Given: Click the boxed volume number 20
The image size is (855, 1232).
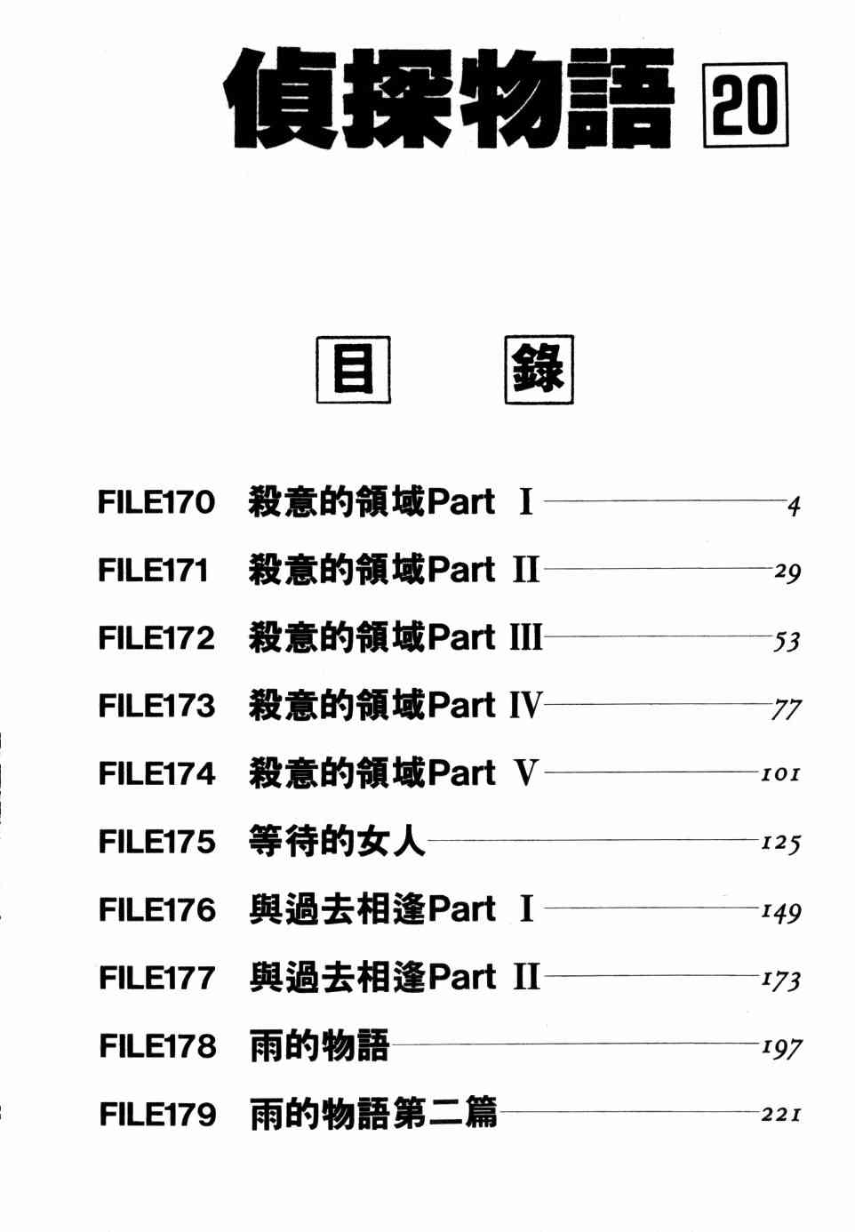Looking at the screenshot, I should [745, 104].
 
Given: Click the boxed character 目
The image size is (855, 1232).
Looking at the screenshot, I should [354, 369].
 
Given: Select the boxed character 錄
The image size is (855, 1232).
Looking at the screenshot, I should [539, 369].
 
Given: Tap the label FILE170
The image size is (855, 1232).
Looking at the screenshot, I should [156, 502].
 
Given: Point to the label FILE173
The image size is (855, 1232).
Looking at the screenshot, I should [156, 706].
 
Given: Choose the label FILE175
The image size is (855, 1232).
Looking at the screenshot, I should [156, 842].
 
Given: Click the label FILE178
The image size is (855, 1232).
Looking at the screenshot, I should [157, 1046].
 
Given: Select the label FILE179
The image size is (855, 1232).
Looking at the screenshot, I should [157, 1114].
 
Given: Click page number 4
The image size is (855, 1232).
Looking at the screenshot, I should [794, 506].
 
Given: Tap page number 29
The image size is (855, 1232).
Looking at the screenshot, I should [787, 573].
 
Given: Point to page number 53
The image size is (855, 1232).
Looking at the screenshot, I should [787, 641].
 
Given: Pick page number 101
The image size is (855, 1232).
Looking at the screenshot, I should [780, 774].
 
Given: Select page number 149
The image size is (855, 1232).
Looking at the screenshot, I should [781, 911].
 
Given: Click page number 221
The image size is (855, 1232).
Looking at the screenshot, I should [781, 1114].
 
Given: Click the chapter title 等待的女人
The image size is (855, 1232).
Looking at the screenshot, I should [337, 841].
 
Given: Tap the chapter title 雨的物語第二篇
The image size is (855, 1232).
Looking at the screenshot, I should [373, 1113].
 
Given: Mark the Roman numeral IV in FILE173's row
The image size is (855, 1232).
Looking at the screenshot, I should [526, 705].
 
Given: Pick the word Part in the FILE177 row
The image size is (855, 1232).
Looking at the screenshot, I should [461, 977].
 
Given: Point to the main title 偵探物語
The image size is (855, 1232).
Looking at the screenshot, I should [449, 99].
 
